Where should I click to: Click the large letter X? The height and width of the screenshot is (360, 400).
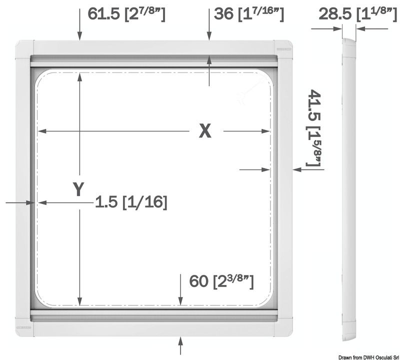click(205, 131)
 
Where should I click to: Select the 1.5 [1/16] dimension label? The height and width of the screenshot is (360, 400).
click(131, 202)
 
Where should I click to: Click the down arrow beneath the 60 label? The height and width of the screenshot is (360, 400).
click(180, 295)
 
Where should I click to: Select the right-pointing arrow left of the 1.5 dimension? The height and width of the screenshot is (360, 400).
click(20, 202)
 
